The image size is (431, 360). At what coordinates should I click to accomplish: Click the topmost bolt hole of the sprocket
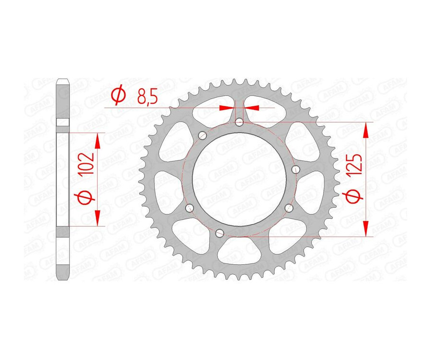(239, 123)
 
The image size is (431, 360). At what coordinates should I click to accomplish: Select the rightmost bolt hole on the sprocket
(295, 169)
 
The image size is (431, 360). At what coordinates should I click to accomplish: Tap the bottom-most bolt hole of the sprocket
(220, 233)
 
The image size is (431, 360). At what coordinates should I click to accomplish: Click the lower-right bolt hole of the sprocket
(289, 208)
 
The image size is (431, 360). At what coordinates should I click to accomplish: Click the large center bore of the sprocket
(238, 179)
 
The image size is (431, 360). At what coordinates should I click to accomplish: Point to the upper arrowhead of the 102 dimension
(98, 141)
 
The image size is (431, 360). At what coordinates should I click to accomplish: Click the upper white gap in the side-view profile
(63, 123)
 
